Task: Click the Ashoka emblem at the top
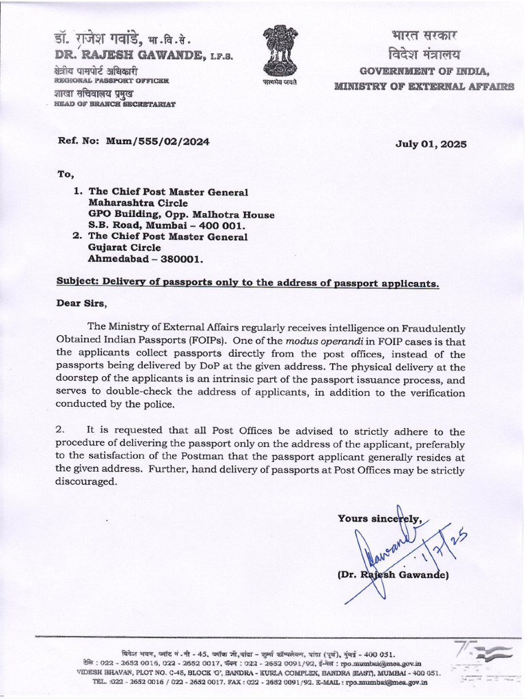(x=282, y=51)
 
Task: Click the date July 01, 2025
(x=431, y=143)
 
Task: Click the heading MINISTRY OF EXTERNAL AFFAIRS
(x=424, y=86)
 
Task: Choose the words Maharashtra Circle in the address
(x=133, y=203)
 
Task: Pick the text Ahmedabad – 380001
(x=146, y=259)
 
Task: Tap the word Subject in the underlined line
(x=77, y=283)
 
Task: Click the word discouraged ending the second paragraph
(x=86, y=482)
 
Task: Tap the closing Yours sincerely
(x=379, y=519)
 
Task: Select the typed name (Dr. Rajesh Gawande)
(x=393, y=575)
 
